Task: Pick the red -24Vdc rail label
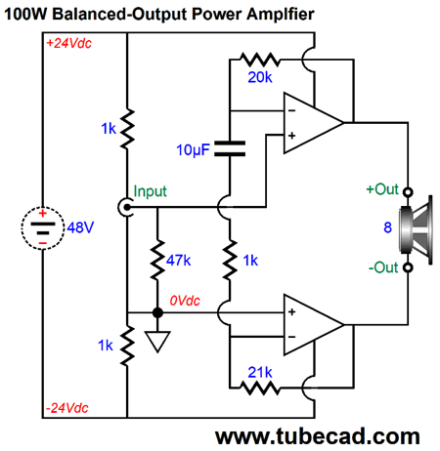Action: (68, 406)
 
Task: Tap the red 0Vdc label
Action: (190, 301)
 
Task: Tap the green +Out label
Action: (381, 189)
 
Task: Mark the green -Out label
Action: (382, 267)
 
